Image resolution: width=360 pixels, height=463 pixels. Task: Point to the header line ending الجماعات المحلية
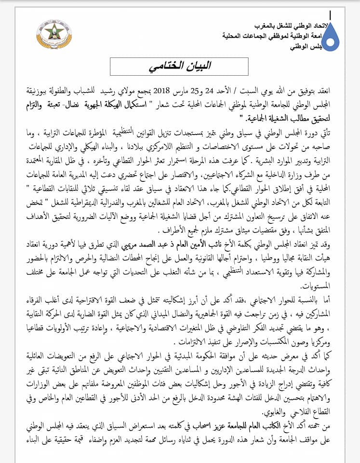coord(280,36)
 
